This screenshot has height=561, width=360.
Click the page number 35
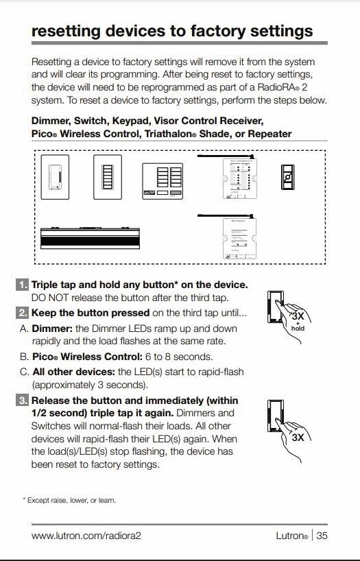point(321,536)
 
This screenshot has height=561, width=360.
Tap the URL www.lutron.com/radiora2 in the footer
point(86,536)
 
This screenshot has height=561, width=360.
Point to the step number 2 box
point(23,313)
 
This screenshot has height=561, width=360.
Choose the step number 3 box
point(23,401)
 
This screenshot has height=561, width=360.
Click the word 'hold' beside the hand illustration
point(298,328)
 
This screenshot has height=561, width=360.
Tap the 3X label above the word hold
point(298,317)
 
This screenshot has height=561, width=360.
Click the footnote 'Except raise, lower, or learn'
point(71,500)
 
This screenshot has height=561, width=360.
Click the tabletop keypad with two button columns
point(163,182)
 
